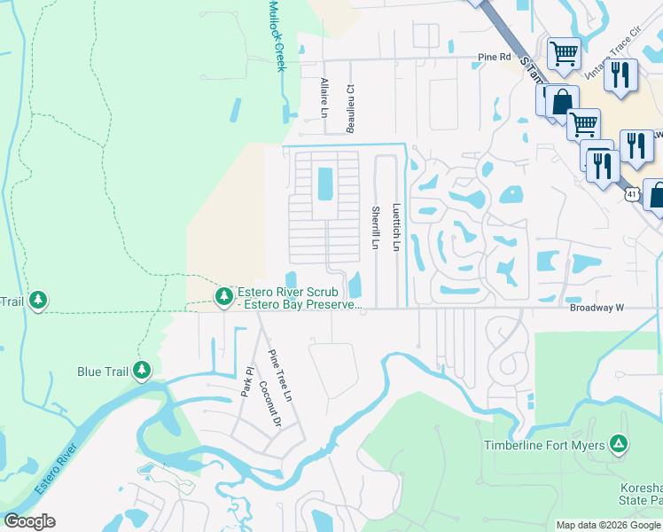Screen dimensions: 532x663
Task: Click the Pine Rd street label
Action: point(495,57)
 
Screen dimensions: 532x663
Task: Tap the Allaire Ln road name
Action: point(324,97)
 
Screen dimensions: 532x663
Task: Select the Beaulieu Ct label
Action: point(350,109)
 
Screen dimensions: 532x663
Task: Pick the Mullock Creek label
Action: point(276,35)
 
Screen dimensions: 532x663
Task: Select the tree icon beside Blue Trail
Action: point(142,372)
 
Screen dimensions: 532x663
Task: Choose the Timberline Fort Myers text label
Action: point(544,445)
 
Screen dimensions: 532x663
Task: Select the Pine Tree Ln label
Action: point(280,378)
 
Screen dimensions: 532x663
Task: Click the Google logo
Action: point(29,521)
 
